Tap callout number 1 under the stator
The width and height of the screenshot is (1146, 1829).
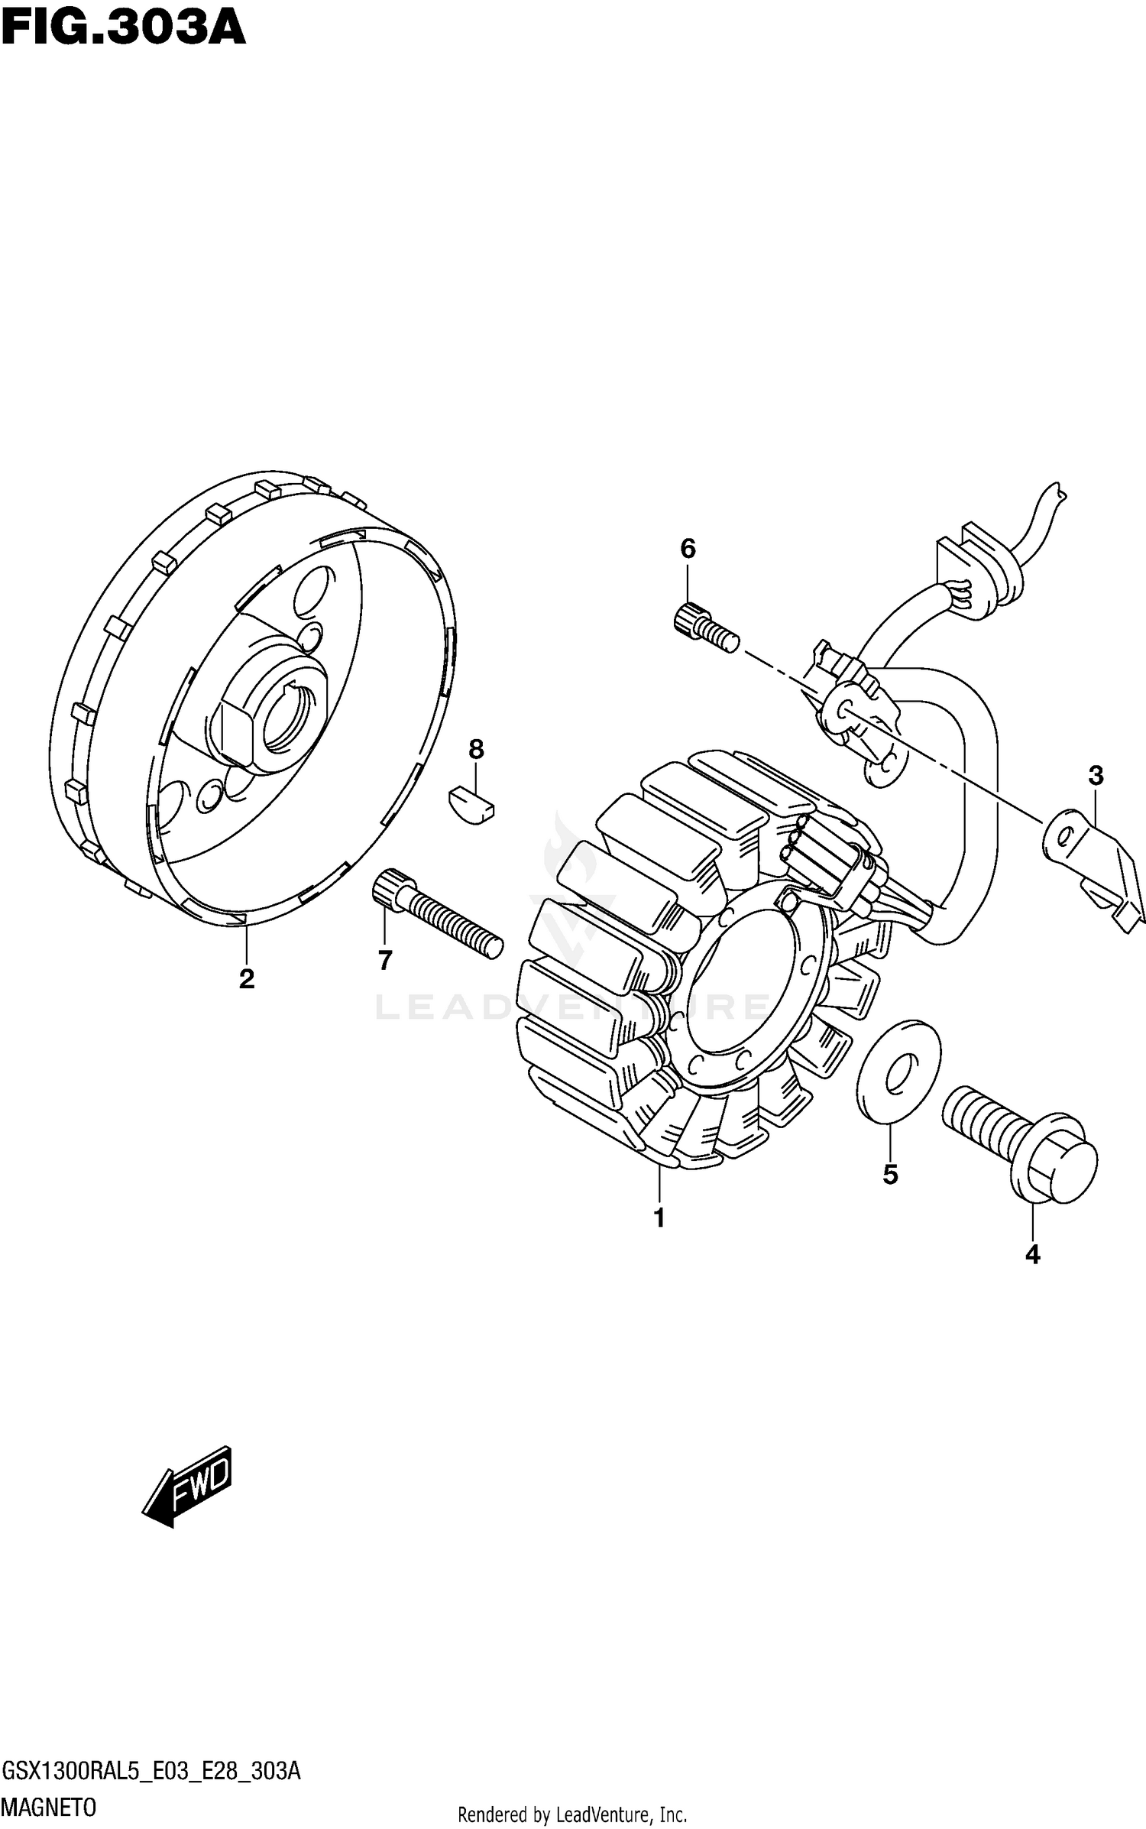659,1218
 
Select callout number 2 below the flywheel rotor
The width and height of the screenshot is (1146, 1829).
246,978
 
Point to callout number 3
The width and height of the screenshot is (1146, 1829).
1096,776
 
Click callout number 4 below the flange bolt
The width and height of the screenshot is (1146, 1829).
1032,1254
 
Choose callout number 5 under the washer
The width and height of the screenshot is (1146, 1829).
890,1175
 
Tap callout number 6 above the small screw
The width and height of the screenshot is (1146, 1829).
688,548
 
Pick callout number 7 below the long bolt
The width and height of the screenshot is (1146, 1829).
384,960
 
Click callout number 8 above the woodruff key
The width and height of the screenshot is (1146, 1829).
476,749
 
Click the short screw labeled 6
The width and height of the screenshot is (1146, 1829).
705,628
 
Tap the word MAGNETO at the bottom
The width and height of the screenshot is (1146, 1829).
50,1808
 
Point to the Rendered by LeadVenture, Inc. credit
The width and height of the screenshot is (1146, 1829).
572,1814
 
